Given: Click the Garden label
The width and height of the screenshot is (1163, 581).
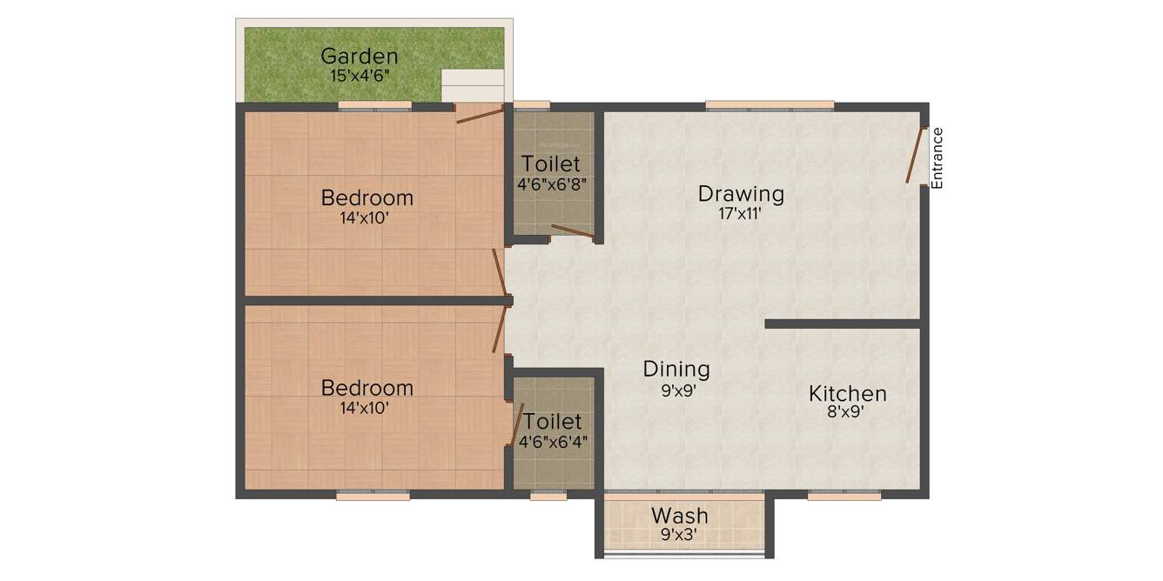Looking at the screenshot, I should point(360,57).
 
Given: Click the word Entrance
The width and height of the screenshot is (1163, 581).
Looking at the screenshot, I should point(937,158).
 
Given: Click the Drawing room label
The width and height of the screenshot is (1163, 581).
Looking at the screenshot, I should point(741,193).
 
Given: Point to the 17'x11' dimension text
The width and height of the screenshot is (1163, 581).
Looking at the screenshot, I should point(741,214).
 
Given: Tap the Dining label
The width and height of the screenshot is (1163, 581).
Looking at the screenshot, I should point(676,369).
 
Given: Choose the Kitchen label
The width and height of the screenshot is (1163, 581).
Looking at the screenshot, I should point(847,393).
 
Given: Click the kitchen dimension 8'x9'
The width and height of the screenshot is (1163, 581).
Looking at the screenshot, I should point(845,413).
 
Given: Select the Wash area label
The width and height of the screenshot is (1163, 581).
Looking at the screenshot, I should point(680,516).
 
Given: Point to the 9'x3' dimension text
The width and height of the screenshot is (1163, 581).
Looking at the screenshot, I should point(680,535).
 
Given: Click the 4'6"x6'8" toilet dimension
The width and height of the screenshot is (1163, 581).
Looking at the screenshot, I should point(551,184).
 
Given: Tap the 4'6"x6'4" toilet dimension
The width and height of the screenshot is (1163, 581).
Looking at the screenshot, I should point(553,441).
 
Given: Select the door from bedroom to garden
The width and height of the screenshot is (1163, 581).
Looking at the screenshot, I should point(479,115).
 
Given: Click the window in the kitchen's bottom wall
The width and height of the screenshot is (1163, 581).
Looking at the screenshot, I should point(844,496).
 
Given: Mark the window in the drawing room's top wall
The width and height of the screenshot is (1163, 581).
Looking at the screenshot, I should point(770,106).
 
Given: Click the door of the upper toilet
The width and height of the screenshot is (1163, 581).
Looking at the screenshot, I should point(572,231).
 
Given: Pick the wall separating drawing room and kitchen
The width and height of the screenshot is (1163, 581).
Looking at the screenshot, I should point(842,324).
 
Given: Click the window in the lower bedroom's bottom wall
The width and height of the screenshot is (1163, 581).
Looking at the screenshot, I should point(373,496).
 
